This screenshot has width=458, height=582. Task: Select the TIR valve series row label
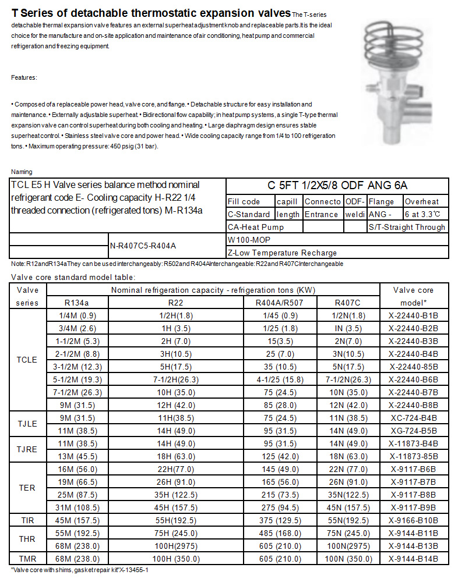(x=27, y=520)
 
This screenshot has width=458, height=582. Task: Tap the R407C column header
(x=348, y=302)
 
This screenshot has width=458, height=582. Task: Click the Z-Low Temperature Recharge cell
(x=282, y=253)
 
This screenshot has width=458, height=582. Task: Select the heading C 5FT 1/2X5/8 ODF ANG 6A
(x=337, y=186)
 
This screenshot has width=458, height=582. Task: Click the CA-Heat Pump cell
(x=256, y=227)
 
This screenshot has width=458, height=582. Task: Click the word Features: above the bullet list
(x=24, y=77)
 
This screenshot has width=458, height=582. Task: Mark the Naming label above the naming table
(x=22, y=172)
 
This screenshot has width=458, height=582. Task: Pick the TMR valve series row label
(x=27, y=559)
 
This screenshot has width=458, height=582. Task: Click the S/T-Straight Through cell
(x=407, y=227)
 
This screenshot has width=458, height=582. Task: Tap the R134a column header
(x=77, y=302)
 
